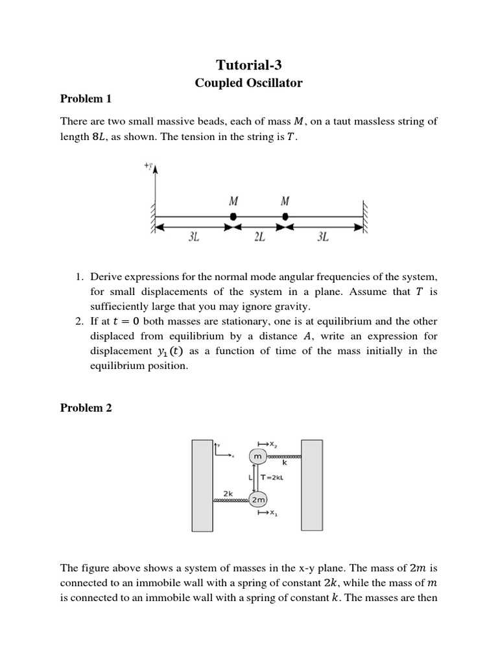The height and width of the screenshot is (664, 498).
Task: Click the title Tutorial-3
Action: tap(249, 65)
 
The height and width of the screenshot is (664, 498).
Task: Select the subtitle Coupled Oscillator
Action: tap(249, 83)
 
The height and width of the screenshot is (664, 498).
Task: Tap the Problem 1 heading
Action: tap(86, 99)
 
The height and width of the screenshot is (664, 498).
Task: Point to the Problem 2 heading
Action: tap(86, 408)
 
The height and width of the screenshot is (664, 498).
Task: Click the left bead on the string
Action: tap(233, 217)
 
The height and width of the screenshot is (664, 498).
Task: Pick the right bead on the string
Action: tap(285, 217)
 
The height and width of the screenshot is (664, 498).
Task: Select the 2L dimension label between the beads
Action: tap(259, 237)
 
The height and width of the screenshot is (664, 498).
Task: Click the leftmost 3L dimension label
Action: tap(193, 237)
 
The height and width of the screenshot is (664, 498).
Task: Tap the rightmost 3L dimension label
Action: tap(323, 237)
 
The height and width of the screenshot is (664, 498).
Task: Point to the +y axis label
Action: tap(148, 167)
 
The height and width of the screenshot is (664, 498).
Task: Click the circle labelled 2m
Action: tap(258, 500)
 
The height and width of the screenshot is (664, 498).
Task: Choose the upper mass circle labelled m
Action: tap(257, 456)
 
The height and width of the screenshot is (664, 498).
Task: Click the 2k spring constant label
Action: tap(228, 493)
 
